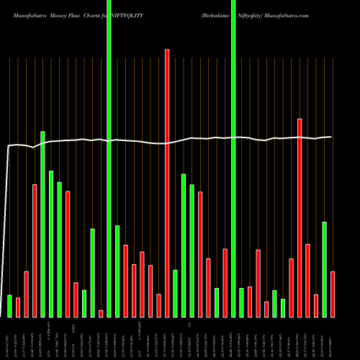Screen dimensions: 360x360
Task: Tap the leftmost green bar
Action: [x=9, y=306]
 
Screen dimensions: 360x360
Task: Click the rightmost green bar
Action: [x=324, y=269]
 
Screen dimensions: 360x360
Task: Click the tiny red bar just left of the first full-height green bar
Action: [x=101, y=313]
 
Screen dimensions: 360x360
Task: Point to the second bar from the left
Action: [x=18, y=307]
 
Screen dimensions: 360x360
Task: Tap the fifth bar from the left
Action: [x=42, y=224]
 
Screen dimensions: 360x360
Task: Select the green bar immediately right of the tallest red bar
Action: [x=175, y=293]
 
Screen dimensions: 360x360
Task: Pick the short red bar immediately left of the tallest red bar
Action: [x=158, y=305]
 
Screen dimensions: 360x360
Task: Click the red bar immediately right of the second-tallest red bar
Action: [x=307, y=280]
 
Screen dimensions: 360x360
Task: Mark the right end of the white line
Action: [x=332, y=137]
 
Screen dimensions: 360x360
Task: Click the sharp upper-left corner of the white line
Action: [x=8, y=147]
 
